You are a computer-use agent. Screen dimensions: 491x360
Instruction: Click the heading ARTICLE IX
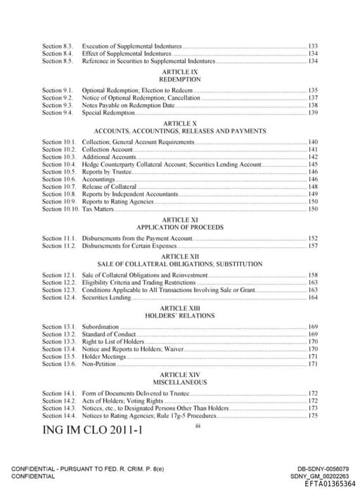click(x=181, y=72)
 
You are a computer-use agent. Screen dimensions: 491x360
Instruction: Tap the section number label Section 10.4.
click(x=58, y=164)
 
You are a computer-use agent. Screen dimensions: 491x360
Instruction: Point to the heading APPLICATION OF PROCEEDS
click(x=180, y=228)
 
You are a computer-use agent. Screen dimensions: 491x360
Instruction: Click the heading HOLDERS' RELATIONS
click(x=180, y=316)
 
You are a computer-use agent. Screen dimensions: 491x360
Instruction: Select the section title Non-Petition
click(x=100, y=364)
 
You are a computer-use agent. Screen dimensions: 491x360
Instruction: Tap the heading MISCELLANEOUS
click(x=180, y=382)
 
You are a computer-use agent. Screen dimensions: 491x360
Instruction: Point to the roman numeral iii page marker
click(x=199, y=424)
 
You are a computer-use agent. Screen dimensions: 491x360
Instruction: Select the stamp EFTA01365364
click(x=330, y=484)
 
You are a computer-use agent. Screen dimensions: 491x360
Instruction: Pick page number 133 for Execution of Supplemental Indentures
click(x=313, y=46)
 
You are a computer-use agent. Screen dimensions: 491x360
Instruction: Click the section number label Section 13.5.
click(x=58, y=356)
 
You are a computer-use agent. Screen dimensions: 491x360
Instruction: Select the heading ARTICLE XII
click(x=180, y=256)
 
